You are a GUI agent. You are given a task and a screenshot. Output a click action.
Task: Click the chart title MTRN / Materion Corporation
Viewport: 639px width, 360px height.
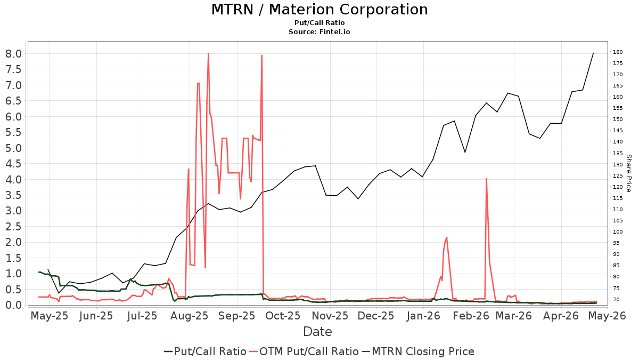[319, 10]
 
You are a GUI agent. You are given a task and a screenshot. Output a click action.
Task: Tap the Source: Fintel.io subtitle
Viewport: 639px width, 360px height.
[319, 31]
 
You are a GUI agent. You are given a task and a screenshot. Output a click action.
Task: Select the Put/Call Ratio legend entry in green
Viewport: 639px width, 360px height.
[205, 351]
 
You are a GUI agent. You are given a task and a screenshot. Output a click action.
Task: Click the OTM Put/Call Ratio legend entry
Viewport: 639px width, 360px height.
[304, 351]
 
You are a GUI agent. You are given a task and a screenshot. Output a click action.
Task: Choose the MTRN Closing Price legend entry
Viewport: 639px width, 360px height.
[417, 351]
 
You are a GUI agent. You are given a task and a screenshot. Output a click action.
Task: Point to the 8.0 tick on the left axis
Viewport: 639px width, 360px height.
[14, 54]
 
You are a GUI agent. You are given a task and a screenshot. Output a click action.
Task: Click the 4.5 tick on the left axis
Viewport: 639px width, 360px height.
[14, 164]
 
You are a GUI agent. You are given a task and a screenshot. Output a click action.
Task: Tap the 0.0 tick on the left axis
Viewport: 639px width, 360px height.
[14, 305]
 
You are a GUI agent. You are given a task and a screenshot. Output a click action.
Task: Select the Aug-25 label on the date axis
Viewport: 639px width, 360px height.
[190, 316]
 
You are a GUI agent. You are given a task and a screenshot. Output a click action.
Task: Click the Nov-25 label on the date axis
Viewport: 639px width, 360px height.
[330, 316]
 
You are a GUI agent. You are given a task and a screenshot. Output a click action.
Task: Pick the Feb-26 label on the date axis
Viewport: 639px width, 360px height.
[471, 316]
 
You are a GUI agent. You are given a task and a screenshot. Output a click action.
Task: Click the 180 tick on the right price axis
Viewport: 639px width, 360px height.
[618, 52]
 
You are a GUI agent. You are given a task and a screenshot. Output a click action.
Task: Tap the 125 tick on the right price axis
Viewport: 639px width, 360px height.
[618, 175]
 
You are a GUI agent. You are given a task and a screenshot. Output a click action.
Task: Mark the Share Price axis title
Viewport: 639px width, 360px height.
[628, 173]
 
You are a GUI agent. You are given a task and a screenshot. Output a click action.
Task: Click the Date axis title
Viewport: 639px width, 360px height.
[317, 332]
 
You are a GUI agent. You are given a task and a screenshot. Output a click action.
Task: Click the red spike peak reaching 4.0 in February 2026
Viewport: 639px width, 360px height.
[486, 179]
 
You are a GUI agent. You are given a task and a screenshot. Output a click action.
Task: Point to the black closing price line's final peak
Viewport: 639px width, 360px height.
[593, 53]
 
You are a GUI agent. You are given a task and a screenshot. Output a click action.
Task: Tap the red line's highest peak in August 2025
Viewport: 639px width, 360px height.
[209, 53]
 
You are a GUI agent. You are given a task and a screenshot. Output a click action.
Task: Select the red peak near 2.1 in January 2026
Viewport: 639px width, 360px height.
[446, 237]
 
